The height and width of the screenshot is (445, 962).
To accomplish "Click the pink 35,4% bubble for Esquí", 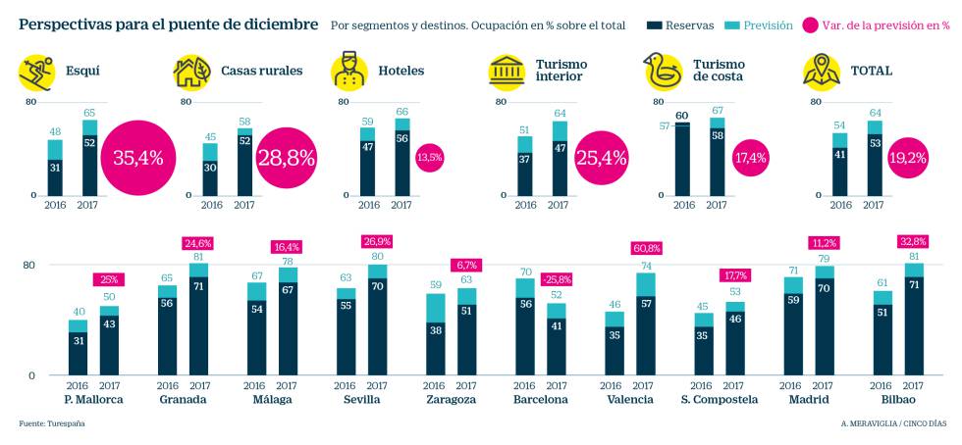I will pyautogui.click(x=138, y=157).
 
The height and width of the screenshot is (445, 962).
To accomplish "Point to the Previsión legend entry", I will pyautogui.click(x=761, y=25).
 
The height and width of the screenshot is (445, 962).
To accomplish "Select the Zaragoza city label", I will pyautogui.click(x=451, y=400).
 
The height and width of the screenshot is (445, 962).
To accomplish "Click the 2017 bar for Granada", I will pyautogui.click(x=198, y=319).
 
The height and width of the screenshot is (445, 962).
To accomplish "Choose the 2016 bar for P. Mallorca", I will pyautogui.click(x=78, y=347).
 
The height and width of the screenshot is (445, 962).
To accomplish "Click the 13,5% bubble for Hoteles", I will pyautogui.click(x=429, y=157).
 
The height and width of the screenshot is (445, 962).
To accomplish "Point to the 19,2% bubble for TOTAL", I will pyautogui.click(x=908, y=157).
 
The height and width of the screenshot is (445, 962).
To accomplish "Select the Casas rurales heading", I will pyautogui.click(x=261, y=71).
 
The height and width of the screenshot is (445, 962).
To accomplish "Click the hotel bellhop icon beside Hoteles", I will pyautogui.click(x=349, y=72).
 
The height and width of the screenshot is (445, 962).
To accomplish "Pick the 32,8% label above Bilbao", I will pyautogui.click(x=913, y=241).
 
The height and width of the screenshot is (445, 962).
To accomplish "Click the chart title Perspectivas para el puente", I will pyautogui.click(x=168, y=23).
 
